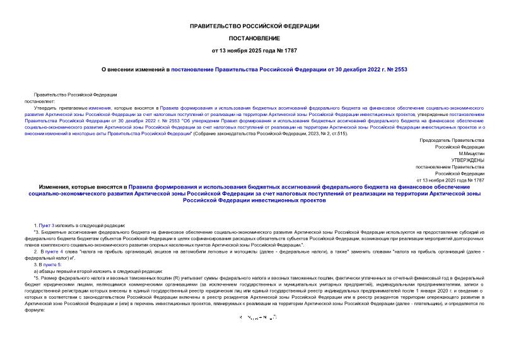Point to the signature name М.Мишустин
(471, 153)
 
